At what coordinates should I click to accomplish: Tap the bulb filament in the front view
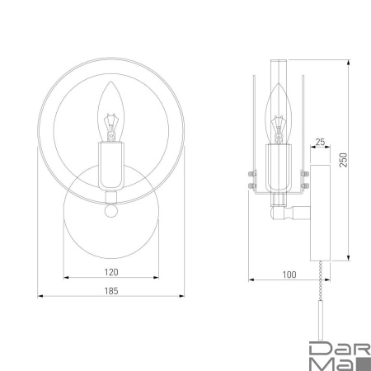[111, 124]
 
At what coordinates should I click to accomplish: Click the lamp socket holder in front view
[111, 163]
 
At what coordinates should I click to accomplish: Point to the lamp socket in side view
[279, 165]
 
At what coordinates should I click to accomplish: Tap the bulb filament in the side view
[279, 125]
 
